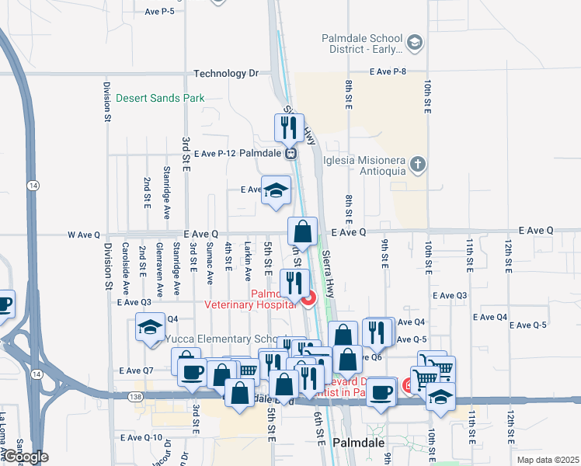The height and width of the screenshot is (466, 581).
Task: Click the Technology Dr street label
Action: tap(225, 74)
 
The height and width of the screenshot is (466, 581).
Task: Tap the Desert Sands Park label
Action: tap(160, 99)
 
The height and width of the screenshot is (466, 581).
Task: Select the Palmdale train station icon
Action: tap(290, 154)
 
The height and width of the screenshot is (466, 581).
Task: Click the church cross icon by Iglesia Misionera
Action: tap(418, 164)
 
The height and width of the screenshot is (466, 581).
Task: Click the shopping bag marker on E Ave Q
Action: tap(302, 231)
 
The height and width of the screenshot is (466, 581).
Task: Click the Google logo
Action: tap(26, 457)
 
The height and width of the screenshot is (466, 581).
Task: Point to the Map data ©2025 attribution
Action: tap(548, 460)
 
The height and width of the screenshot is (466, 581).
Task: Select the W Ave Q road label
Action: tap(84, 234)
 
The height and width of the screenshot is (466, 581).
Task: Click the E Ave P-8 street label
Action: tap(388, 71)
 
